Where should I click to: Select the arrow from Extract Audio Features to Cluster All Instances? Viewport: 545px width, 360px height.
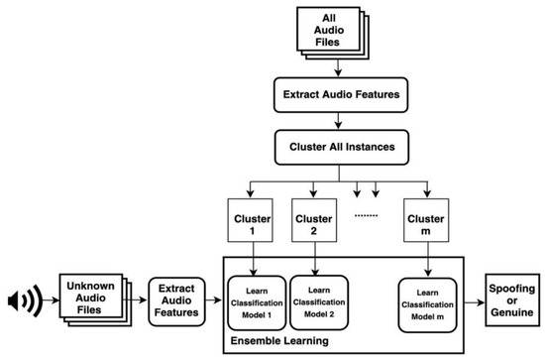339,121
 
